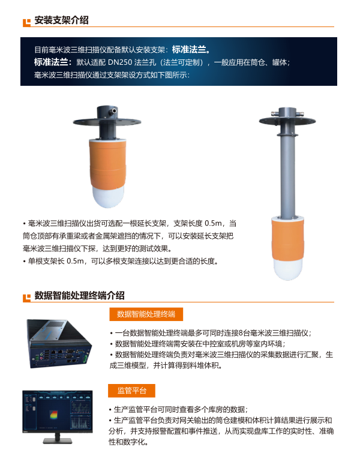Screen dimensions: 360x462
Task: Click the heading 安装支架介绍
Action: point(61,20)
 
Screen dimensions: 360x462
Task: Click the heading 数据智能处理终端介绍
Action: point(79,295)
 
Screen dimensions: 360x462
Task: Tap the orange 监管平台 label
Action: point(131,391)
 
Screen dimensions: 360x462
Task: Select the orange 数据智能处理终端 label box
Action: point(146,314)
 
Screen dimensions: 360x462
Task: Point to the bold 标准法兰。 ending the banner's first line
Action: point(191,49)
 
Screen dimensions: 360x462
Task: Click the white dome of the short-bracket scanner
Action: point(108,196)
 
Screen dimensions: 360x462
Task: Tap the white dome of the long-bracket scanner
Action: point(287,269)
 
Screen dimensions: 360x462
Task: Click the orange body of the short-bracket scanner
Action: point(108,164)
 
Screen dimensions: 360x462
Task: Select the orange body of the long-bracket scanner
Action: point(287,239)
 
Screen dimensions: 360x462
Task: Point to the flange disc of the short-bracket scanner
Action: point(107,122)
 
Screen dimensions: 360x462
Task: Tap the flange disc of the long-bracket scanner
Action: point(287,121)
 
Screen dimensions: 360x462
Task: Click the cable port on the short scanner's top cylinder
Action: point(112,112)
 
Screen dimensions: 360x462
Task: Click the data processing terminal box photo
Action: point(59,344)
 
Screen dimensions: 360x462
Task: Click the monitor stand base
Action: point(58,441)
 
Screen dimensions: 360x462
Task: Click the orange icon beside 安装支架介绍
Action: point(26,22)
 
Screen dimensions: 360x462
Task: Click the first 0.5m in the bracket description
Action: point(213,223)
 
